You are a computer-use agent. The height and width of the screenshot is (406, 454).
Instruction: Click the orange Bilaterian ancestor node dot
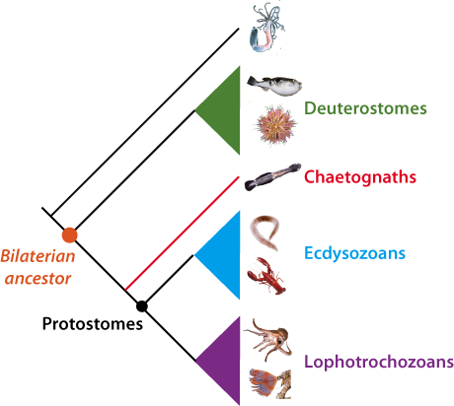[70, 236]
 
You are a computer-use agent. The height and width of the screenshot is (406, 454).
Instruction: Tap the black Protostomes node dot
[142, 306]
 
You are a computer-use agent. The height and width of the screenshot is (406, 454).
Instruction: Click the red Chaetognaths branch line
[182, 234]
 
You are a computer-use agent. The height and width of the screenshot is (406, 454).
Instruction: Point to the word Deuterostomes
[365, 108]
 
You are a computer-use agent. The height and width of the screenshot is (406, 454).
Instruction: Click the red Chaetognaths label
[360, 176]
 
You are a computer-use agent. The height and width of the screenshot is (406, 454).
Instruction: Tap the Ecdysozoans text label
[354, 253]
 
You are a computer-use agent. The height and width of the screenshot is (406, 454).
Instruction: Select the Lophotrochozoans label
[379, 362]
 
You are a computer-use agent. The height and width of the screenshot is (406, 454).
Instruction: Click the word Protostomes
[93, 324]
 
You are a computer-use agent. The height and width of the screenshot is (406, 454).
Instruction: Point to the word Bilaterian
[38, 256]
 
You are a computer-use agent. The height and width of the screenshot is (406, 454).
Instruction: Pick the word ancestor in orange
[38, 279]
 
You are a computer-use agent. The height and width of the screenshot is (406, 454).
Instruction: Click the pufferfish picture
[274, 86]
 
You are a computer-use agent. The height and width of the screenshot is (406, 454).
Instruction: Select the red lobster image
[266, 276]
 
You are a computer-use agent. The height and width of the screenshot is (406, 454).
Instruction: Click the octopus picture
[268, 339]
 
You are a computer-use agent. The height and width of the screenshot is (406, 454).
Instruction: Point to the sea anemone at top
[266, 28]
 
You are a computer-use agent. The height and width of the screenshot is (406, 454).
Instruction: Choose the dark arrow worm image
[272, 176]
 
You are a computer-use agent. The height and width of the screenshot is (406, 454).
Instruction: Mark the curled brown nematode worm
[265, 233]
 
